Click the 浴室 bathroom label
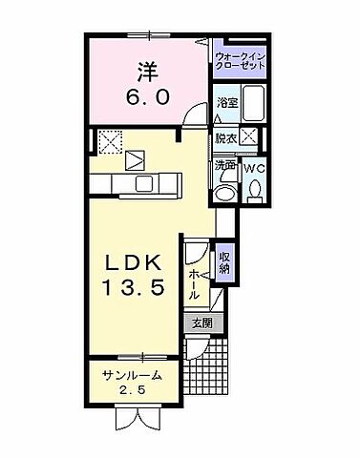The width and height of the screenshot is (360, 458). click(226, 102)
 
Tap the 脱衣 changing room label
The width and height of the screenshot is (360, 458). click(225, 136)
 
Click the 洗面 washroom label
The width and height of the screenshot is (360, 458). click(225, 164)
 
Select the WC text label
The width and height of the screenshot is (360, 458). click(255, 168)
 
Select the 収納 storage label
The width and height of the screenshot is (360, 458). click(225, 260)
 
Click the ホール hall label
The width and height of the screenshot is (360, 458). click(195, 284)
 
